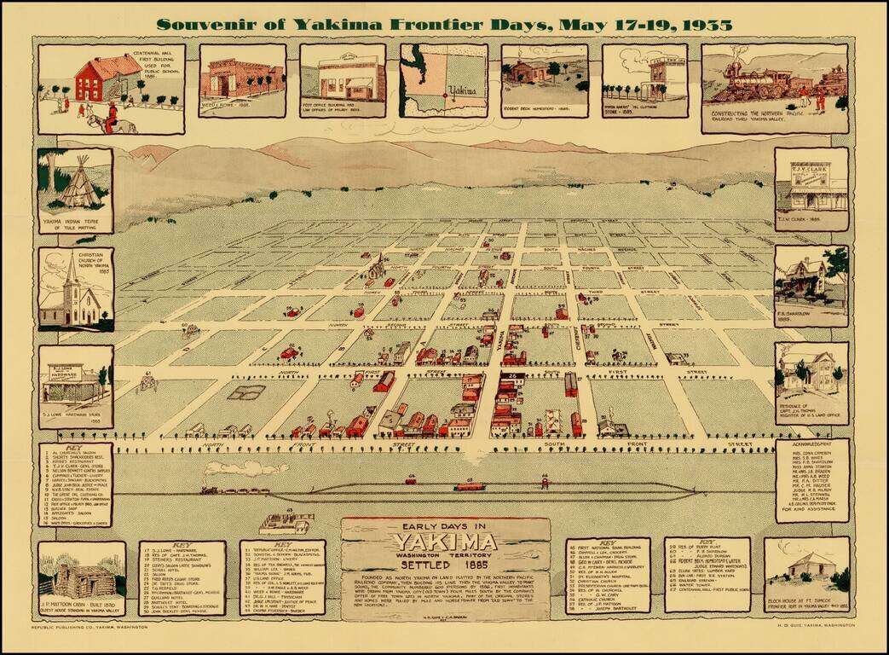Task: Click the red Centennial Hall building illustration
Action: tap(107, 78)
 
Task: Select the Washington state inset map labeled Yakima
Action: tap(443, 79)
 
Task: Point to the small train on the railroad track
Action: tap(223, 490)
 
